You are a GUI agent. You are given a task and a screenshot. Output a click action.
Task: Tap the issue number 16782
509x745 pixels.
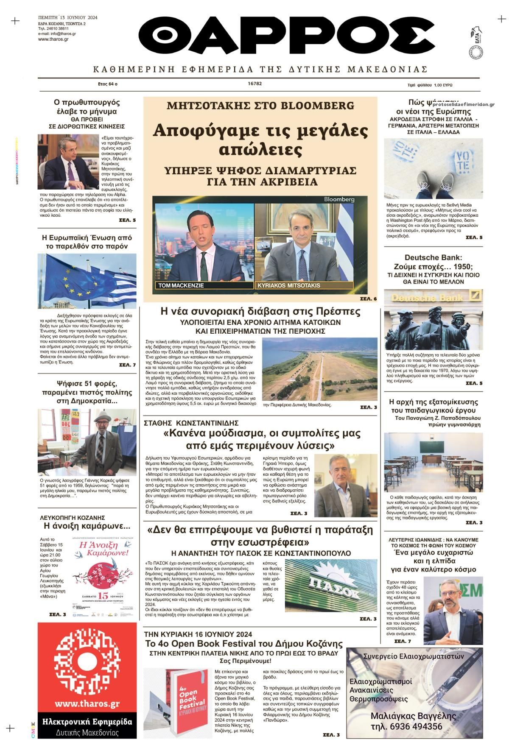point(255,84)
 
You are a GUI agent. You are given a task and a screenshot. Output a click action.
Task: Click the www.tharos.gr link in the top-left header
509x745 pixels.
point(53,39)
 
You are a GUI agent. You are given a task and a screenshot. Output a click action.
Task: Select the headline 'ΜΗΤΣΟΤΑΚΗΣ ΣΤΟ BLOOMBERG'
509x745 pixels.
point(260,106)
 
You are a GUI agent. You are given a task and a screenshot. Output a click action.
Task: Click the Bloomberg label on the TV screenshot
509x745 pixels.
point(339,199)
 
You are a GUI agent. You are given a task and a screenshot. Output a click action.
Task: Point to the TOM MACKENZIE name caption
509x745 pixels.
point(181,285)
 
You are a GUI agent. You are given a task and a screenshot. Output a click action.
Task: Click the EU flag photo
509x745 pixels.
point(87,281)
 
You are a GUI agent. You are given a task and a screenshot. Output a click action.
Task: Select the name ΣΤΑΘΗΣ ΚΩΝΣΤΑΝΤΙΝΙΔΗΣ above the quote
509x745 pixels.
point(197,423)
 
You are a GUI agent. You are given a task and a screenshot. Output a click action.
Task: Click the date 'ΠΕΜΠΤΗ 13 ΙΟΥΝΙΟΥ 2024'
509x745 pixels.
point(67,17)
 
